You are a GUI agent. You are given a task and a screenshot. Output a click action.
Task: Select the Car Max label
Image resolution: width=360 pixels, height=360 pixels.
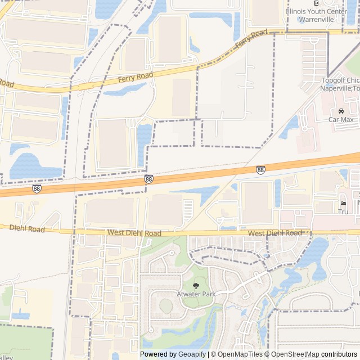pos(341,119)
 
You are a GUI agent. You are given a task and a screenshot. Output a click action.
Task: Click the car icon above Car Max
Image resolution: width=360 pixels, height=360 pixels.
pos(341,111)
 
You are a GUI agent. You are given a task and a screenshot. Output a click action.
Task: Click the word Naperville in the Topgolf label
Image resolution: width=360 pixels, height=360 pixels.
pos(336,88)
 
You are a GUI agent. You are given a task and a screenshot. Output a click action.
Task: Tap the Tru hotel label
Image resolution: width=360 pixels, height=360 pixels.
pos(343,211)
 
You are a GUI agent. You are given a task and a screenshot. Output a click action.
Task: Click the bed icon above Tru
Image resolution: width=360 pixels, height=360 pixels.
pos(343,203)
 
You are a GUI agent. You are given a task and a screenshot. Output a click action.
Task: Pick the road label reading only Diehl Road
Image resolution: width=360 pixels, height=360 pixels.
pos(27,229)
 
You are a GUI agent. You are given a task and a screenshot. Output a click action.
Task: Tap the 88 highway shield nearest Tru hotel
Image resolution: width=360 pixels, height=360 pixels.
pos(260,169)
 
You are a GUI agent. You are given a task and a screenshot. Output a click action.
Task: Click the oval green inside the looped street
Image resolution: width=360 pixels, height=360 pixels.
pos(166,305)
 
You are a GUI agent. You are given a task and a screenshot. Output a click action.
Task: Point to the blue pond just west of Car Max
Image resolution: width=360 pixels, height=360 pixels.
pos(291,126)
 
